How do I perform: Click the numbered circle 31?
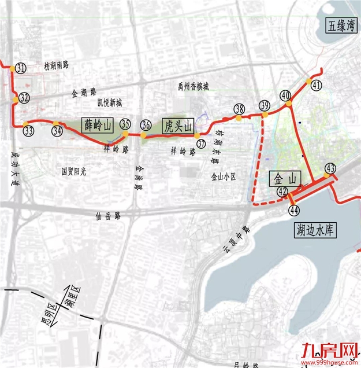[21, 69]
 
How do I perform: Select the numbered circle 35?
[126, 123]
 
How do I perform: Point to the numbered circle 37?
[201, 143]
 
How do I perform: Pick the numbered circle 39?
[265, 105]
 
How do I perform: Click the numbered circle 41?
[316, 86]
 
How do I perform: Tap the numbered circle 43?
[330, 168]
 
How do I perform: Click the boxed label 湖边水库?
[315, 230]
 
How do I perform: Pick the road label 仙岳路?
[109, 215]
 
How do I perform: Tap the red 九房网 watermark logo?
[329, 351]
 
